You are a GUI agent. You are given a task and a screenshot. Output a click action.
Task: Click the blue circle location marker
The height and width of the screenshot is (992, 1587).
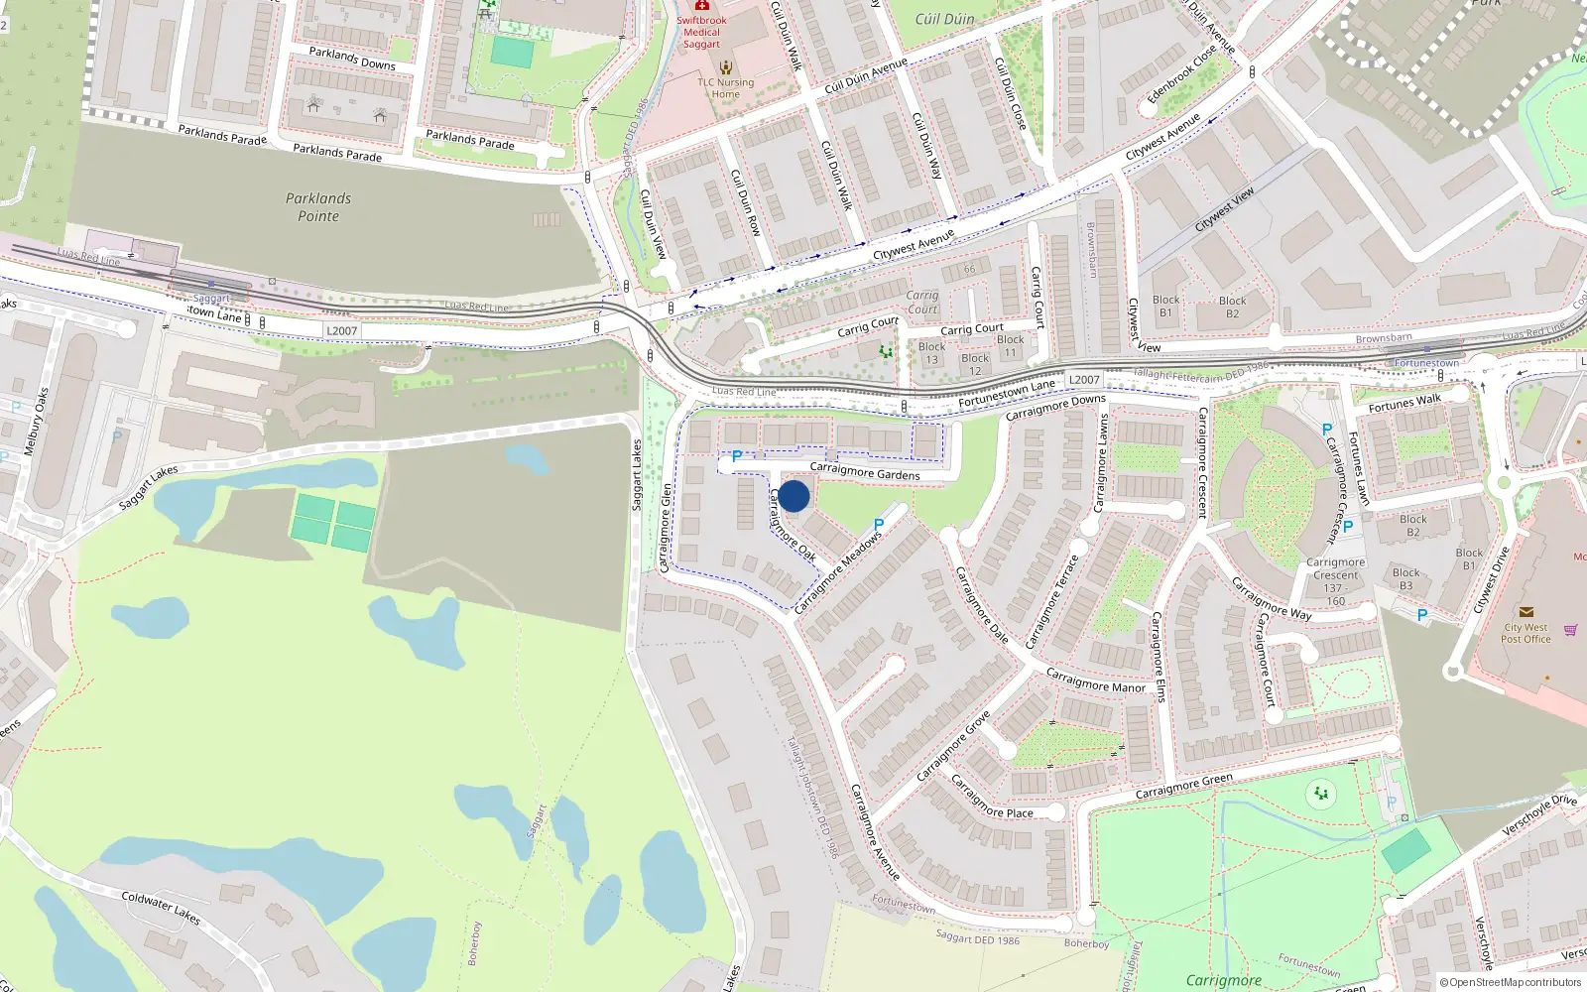point(793,496)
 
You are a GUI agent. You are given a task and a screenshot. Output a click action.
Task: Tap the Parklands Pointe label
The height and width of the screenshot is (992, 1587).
point(318,207)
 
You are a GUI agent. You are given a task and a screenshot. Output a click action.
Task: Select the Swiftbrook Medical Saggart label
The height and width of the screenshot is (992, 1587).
point(701,32)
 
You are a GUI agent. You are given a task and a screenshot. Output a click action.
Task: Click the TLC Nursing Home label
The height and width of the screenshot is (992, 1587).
point(725,88)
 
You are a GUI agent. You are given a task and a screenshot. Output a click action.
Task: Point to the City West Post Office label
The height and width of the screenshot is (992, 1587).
point(1526,633)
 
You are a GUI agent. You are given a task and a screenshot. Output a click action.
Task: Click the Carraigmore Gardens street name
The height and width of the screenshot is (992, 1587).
point(865,471)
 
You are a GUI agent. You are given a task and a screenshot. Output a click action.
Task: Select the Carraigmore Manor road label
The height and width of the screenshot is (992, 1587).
point(1095,681)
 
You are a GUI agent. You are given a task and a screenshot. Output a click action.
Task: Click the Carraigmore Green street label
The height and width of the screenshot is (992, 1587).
point(1183,786)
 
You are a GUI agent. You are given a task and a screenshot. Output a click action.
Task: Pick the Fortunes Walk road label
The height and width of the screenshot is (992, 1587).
point(1404,403)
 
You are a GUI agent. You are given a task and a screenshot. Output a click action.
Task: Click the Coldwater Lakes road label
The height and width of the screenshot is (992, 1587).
point(161,907)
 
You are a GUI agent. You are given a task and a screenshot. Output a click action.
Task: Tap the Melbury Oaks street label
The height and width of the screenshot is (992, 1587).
point(36,422)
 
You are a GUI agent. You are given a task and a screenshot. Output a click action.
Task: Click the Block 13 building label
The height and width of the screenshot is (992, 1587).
point(931,353)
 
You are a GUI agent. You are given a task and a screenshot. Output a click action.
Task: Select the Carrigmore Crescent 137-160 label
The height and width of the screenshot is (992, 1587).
point(1336,581)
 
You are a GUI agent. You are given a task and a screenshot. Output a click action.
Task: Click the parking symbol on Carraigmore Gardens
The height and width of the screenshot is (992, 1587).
point(737,457)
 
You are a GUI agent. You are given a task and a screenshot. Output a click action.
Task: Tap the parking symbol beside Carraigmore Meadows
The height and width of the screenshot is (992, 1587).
point(878,524)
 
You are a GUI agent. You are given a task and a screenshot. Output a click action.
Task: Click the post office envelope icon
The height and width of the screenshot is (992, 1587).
point(1526,612)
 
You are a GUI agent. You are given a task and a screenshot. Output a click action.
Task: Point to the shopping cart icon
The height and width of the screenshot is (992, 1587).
point(1570,630)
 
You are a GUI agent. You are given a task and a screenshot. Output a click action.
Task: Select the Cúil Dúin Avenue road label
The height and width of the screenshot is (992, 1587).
point(866,75)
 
